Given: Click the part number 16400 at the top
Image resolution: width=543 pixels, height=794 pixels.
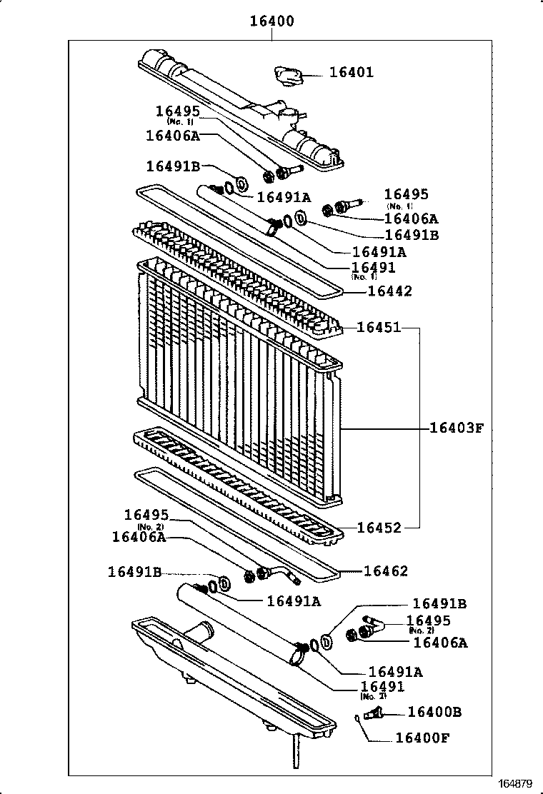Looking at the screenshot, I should coord(271,22).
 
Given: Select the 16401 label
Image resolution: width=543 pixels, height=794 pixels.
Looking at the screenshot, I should coord(351,73).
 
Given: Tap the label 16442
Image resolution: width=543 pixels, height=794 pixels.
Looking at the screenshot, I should coord(389,291).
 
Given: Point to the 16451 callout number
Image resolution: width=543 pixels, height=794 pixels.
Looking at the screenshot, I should coord(378,328).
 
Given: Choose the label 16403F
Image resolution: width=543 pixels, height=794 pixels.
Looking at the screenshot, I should coord(457,428).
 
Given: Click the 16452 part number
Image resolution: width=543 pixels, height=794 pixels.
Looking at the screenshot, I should coord(378,528).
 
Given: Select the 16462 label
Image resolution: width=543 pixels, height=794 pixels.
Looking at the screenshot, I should coord(386,571).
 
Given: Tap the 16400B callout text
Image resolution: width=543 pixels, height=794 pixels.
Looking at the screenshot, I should coord(434,712).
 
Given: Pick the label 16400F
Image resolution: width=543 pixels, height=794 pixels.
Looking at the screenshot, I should coord(422,738).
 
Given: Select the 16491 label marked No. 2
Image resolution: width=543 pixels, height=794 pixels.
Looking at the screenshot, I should coord(382,687).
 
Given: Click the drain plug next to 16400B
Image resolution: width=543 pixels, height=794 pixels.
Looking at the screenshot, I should coord(374,713).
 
